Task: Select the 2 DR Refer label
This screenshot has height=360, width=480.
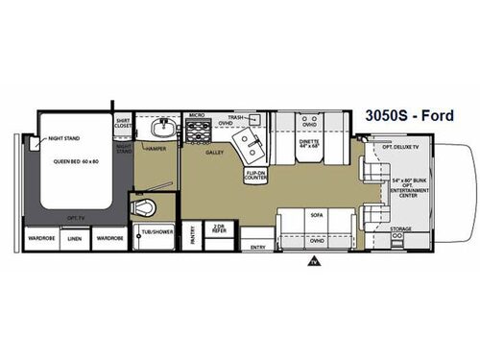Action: (220, 232)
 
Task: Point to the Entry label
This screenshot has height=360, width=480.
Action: (257, 246)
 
